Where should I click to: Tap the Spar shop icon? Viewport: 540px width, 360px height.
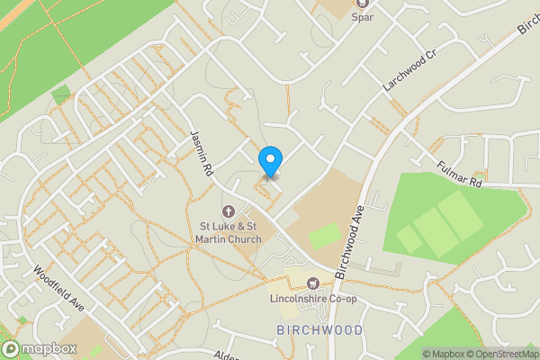click(x=363, y=4)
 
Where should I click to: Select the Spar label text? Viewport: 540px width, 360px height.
click(x=363, y=17)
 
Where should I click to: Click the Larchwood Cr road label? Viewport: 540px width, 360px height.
click(x=409, y=69)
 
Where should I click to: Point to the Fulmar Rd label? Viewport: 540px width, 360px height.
click(x=460, y=173)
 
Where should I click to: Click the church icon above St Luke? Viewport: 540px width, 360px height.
click(x=228, y=211)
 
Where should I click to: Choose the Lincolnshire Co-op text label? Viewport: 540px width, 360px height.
click(x=313, y=299)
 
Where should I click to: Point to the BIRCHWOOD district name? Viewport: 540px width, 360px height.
click(x=320, y=330)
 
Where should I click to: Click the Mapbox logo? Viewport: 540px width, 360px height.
click(x=40, y=348)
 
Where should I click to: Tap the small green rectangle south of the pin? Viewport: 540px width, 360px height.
click(x=324, y=236)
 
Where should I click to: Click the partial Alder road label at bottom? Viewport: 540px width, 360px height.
click(x=226, y=355)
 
